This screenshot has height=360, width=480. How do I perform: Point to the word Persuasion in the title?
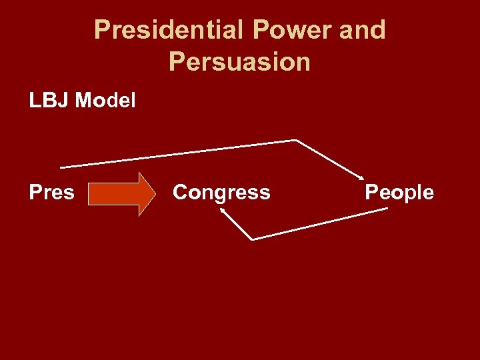239,61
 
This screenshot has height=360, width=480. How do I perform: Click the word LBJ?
49,101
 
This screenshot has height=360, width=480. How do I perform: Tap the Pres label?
51,193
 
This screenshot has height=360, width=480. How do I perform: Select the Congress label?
221,193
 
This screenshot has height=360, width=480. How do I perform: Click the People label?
399,193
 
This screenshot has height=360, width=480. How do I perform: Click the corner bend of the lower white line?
252,239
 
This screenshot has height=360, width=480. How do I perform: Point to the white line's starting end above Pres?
61,166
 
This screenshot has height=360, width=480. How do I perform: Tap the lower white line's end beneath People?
387,209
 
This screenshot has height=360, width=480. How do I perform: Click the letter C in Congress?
179,193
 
